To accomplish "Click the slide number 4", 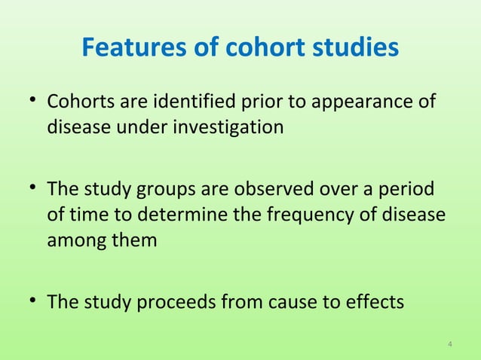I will [450, 346].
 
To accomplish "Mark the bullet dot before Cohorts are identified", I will [34, 101].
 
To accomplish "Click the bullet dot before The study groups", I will [34, 188].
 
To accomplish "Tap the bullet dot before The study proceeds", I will [34, 302].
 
